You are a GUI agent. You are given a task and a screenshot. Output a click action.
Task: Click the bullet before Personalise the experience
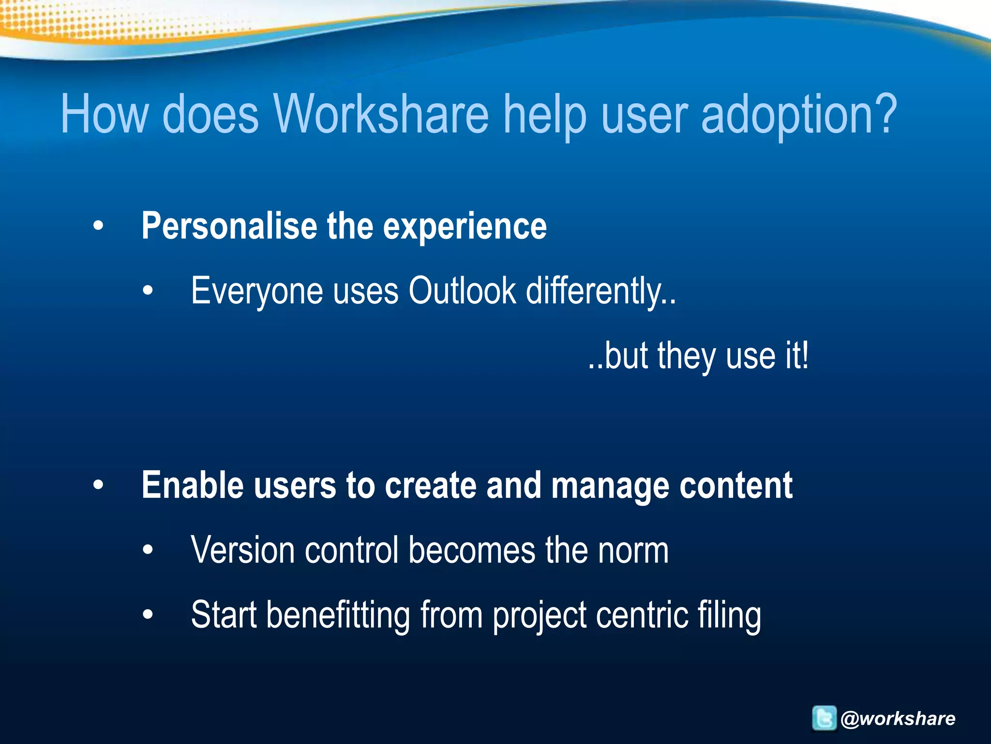click(98, 226)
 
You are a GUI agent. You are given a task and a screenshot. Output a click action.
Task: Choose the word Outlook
click(462, 291)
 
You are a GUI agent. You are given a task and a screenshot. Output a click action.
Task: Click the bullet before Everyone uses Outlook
click(148, 291)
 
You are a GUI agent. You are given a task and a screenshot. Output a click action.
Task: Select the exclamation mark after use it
click(804, 356)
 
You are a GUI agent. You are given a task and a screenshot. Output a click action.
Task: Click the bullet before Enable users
click(98, 485)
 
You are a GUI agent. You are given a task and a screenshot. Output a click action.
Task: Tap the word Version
click(242, 550)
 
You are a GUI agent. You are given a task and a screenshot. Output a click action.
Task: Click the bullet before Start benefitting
click(148, 615)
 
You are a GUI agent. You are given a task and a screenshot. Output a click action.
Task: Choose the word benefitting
click(338, 616)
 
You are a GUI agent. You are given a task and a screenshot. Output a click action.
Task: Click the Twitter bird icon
click(824, 718)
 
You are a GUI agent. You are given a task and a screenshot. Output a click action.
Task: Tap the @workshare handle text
click(898, 718)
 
